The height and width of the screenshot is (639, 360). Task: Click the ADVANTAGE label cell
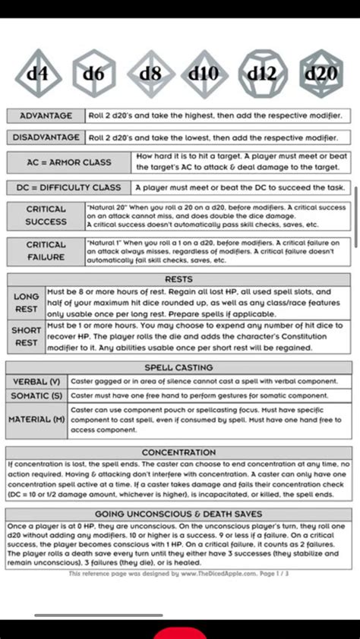pyautogui.click(x=46, y=115)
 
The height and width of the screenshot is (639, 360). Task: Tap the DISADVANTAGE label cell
pyautogui.click(x=46, y=137)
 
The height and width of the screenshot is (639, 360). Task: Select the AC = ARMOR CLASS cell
pyautogui.click(x=69, y=162)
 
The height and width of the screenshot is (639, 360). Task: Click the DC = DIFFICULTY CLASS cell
pyautogui.click(x=69, y=187)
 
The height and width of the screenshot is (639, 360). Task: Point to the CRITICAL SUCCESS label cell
pyautogui.click(x=46, y=216)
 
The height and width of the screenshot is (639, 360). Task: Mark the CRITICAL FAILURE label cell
pyautogui.click(x=46, y=250)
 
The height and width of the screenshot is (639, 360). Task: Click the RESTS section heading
pyautogui.click(x=179, y=279)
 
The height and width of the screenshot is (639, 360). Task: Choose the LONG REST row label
pyautogui.click(x=27, y=303)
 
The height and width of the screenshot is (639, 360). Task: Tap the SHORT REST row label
pyautogui.click(x=27, y=336)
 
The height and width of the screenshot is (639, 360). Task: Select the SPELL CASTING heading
pyautogui.click(x=179, y=367)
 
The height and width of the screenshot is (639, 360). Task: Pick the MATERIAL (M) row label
pyautogui.click(x=37, y=420)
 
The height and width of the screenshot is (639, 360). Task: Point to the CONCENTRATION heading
pyautogui.click(x=179, y=452)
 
